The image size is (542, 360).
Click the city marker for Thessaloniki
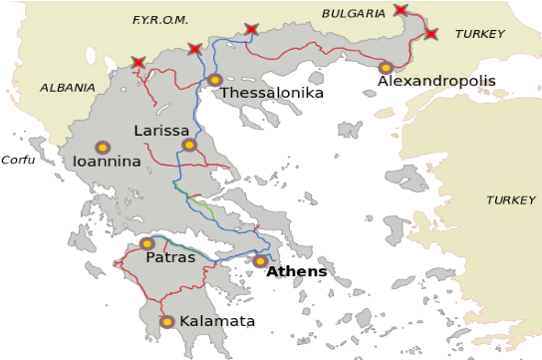[214, 80]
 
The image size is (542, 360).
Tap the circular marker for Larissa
[189, 145]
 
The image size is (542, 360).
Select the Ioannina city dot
[102, 147]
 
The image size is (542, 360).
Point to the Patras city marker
[147, 243]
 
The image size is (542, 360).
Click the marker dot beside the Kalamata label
[167, 321]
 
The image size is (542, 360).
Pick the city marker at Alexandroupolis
[386, 68]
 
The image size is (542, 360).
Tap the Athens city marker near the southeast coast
[260, 261]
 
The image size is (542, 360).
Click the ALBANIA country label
[68, 88]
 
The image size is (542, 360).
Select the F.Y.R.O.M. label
[159, 20]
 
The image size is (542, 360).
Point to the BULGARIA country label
[354, 13]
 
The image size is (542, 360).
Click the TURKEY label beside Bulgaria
[480, 34]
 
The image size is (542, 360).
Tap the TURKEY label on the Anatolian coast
[510, 200]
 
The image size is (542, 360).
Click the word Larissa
[161, 131]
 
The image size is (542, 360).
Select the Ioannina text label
[107, 162]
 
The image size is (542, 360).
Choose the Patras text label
[170, 257]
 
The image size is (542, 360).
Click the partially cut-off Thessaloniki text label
[246, 93]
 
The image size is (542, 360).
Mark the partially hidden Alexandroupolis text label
[442, 80]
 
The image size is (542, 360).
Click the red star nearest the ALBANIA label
[137, 63]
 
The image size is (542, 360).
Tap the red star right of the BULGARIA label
[401, 10]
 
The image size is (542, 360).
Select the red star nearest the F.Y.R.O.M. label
[194, 49]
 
